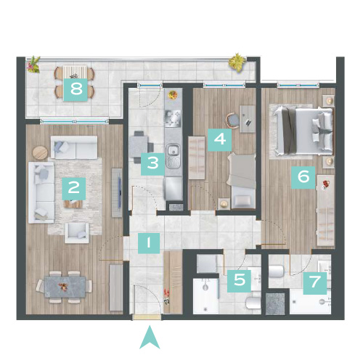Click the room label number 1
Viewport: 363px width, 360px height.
coord(149,243)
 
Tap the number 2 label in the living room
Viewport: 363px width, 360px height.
coord(74,189)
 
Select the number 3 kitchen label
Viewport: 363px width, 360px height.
coord(152,164)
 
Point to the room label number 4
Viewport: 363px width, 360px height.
coord(220,140)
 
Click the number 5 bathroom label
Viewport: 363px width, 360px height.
coord(239,280)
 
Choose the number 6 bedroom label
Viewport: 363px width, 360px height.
coord(303,177)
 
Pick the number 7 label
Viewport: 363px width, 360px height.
coord(315,283)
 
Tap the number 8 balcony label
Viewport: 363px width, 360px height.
coord(76,89)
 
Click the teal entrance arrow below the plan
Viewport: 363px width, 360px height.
coord(150,337)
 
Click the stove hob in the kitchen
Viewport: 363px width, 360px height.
coord(173,118)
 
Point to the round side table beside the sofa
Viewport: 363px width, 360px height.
coord(40,153)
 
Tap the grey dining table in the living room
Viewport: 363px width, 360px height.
coord(65,287)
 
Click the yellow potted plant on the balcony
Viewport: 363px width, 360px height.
coord(237,62)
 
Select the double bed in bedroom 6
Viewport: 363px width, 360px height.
coord(303,131)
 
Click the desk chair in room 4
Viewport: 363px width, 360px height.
coord(232,120)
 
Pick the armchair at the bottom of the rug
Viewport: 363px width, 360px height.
coord(77,233)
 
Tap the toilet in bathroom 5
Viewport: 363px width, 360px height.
coord(253,303)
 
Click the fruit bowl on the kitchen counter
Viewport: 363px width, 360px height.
coord(173,94)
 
